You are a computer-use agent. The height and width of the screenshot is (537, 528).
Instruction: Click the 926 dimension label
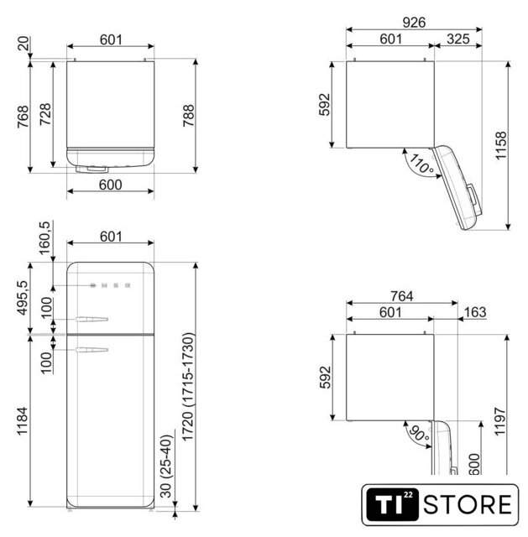point(414,23)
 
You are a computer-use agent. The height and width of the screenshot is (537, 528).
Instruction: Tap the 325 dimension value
point(458,39)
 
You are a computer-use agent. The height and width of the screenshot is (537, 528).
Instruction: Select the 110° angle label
point(421,164)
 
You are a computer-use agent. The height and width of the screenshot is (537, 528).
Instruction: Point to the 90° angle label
point(419,434)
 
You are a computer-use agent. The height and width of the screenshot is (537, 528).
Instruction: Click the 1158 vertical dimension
point(501,145)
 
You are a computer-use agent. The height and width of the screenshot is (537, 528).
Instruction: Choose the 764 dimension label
point(402,296)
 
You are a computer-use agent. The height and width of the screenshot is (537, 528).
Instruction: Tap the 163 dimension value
point(475,312)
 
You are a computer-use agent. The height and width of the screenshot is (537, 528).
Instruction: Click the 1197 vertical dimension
point(500,421)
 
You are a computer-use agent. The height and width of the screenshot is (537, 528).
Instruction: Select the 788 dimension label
point(188,116)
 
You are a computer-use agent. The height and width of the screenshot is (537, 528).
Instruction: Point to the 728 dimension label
point(45,114)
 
